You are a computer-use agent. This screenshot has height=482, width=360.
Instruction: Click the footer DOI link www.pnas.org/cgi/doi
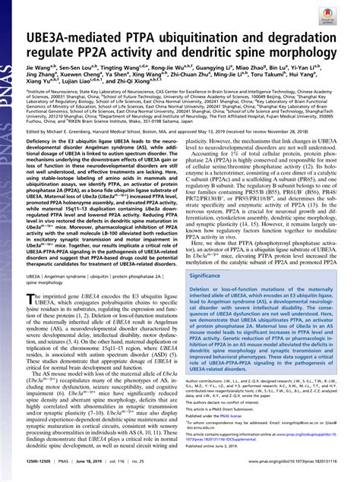pos(283,471)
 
